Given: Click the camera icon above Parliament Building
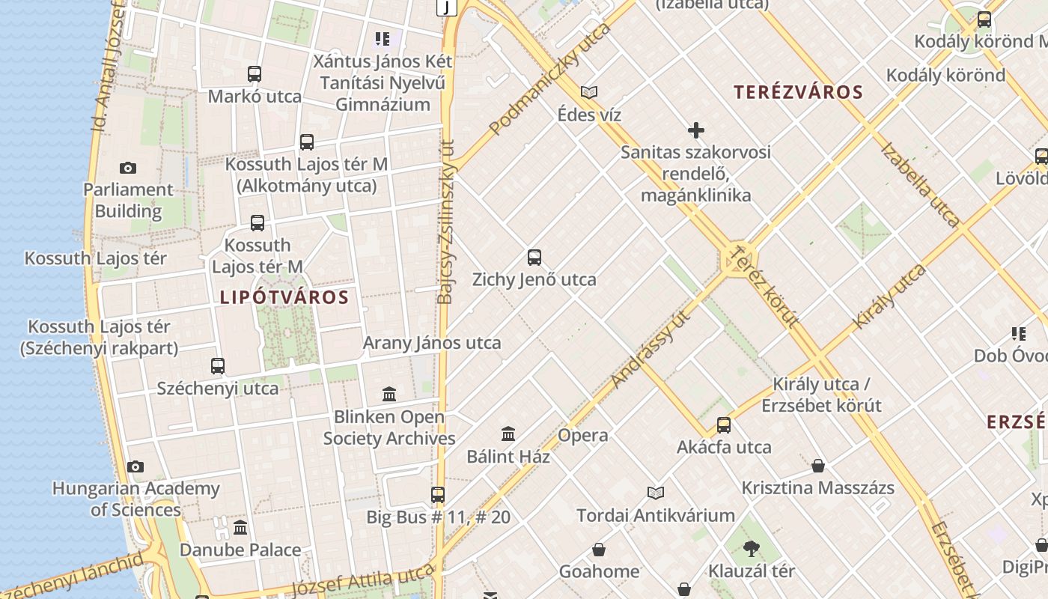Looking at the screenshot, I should tap(128, 168).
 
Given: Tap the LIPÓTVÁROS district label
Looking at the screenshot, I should tap(284, 297).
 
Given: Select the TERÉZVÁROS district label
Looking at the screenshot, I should tap(798, 92).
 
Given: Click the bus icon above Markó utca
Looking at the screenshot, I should tap(255, 74).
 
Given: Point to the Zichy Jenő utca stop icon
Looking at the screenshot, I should tap(534, 258).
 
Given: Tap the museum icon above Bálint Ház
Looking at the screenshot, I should tap(508, 434).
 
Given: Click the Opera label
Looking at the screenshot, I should tap(583, 435).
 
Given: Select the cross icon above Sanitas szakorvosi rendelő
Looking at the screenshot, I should tap(696, 130).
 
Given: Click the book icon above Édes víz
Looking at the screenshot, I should tap(589, 92).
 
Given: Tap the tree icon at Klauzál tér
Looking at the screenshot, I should tap(752, 549).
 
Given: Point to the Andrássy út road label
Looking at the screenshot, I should tap(650, 349).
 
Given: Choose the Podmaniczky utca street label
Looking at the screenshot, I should tap(550, 79).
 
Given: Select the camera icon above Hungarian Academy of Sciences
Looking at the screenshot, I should tap(135, 467).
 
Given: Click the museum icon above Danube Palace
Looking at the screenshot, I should tap(240, 528).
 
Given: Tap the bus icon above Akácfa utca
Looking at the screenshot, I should tap(724, 425).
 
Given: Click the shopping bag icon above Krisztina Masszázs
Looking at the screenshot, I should tap(818, 466).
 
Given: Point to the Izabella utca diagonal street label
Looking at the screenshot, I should tap(921, 185).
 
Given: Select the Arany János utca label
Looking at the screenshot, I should tap(432, 343).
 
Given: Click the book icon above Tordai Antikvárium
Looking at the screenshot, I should tap(656, 493).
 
